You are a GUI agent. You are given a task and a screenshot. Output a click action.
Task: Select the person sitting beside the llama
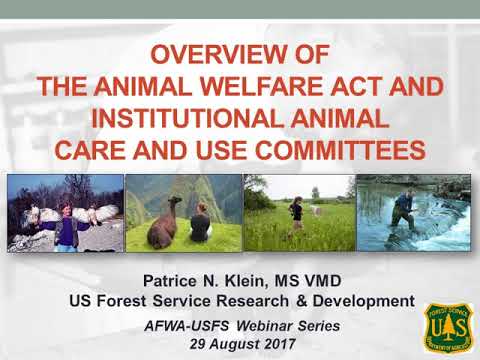(200, 221)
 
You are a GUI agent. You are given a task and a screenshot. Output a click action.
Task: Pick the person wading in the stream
(405, 210)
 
